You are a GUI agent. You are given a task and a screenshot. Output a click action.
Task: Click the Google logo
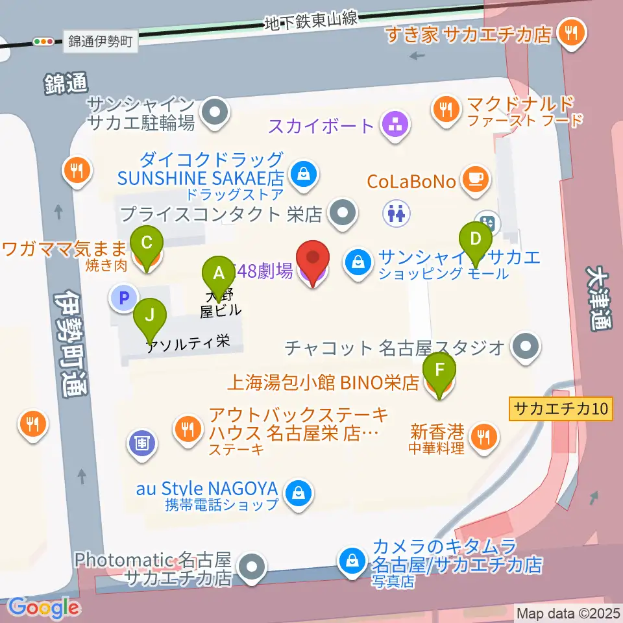coord(43,607)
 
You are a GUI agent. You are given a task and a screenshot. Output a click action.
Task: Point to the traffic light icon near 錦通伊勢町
coord(44,42)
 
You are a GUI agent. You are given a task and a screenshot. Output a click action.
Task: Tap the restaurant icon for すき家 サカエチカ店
coord(572,33)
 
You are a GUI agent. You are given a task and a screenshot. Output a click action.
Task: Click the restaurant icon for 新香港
coord(483,436)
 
